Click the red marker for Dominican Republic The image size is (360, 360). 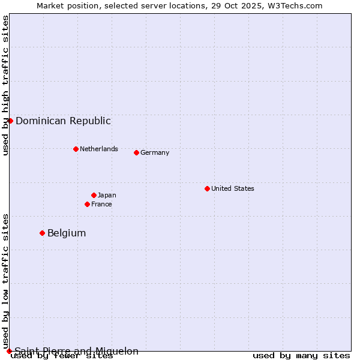click(x=10, y=121)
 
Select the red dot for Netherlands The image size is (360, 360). click(x=76, y=149)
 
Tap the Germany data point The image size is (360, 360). click(x=136, y=152)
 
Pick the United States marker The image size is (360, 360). click(x=207, y=188)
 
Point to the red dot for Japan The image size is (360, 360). click(x=94, y=195)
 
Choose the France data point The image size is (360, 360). click(x=87, y=204)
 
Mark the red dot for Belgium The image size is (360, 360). click(x=42, y=233)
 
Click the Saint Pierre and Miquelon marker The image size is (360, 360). click(x=9, y=351)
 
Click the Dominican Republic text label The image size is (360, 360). click(x=63, y=121)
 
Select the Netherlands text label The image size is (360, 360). click(x=99, y=149)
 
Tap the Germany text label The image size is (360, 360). click(x=155, y=152)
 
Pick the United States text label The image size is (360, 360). click(x=233, y=188)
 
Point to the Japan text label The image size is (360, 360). click(x=107, y=195)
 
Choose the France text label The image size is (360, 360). click(x=101, y=204)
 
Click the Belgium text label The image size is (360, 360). click(x=67, y=233)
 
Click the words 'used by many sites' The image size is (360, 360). click(x=301, y=356)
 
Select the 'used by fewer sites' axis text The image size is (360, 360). click(x=62, y=356)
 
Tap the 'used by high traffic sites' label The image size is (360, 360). click(x=6, y=85)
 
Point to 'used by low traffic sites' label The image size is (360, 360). click(x=6, y=281)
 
